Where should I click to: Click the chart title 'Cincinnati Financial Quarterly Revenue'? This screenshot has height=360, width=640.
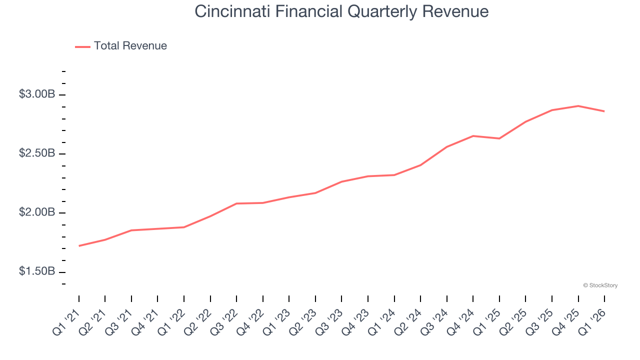click(x=341, y=11)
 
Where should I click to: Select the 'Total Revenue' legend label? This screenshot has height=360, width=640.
click(x=130, y=46)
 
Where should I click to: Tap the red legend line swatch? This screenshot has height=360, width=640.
click(x=82, y=46)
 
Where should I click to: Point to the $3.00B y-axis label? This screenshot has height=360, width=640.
click(x=37, y=94)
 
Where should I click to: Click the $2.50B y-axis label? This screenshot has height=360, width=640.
click(x=37, y=153)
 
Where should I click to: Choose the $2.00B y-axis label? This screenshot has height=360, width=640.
click(x=37, y=212)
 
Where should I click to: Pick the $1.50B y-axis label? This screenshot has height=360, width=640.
click(x=37, y=271)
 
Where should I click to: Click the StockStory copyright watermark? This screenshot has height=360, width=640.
click(x=600, y=285)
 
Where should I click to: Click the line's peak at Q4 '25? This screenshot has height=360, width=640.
click(x=578, y=106)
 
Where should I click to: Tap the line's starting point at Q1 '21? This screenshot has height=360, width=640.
click(x=79, y=246)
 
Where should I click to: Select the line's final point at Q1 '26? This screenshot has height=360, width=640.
click(x=604, y=111)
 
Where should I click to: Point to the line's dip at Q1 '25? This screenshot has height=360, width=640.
click(x=499, y=138)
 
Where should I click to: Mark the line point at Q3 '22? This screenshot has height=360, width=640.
click(x=236, y=203)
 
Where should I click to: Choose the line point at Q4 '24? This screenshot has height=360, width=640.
click(x=473, y=136)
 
